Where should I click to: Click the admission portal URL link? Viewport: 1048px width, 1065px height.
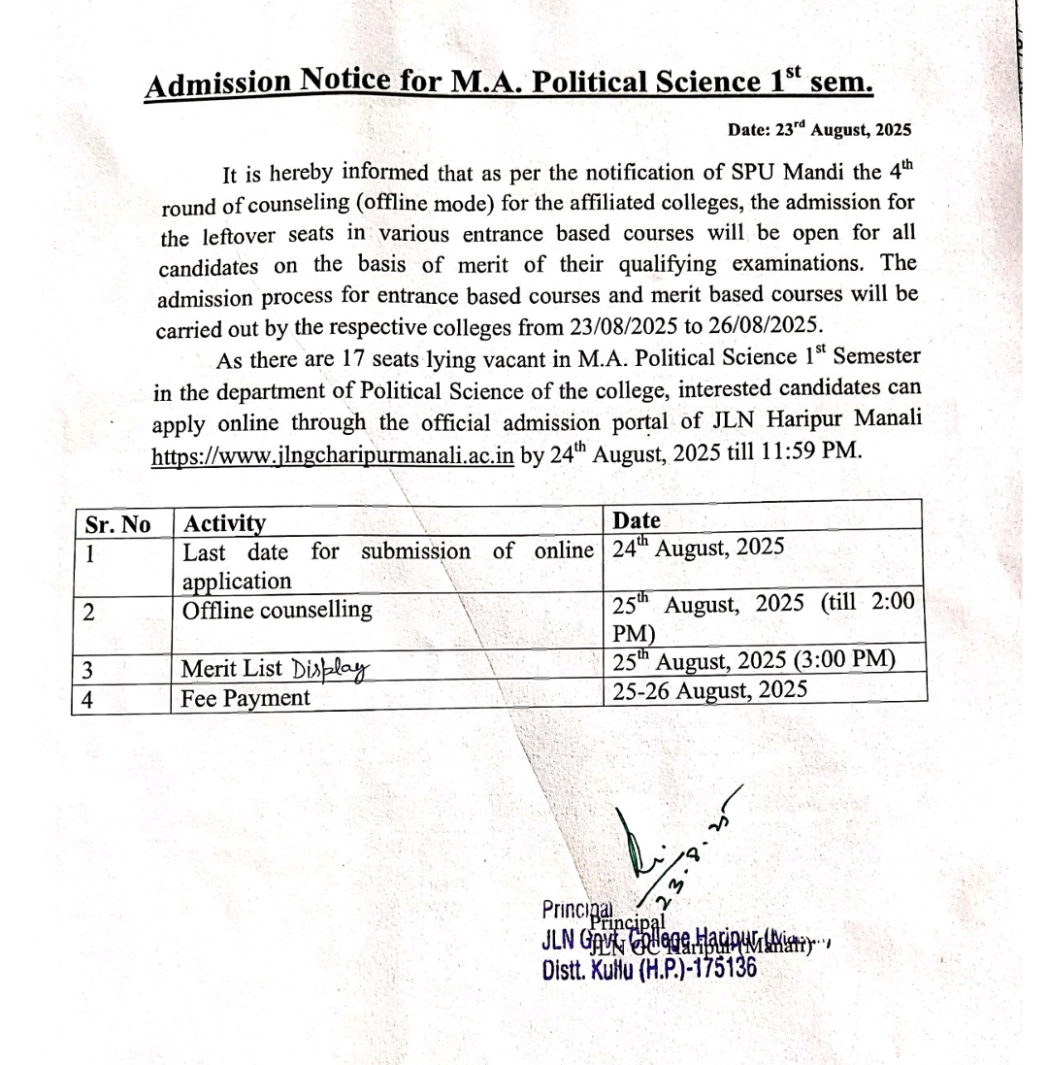[x=332, y=457]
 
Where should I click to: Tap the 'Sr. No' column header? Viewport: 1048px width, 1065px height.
[x=117, y=524]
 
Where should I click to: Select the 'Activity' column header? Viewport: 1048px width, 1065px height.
[x=225, y=524]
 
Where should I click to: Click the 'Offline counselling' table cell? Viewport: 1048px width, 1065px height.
[x=278, y=610]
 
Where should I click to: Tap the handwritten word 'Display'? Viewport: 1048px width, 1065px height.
[x=333, y=668]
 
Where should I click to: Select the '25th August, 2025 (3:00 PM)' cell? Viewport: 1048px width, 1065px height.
[x=753, y=662]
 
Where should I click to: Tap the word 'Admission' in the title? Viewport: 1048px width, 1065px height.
[x=218, y=85]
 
